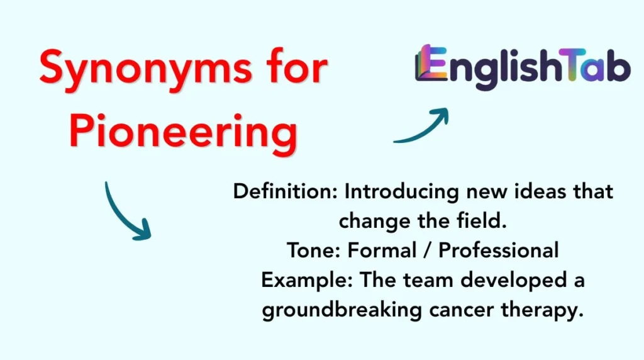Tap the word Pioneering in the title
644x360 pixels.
[182, 132]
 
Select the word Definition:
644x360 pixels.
[286, 191]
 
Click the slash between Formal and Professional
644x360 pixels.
[430, 250]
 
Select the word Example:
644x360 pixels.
[308, 279]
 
